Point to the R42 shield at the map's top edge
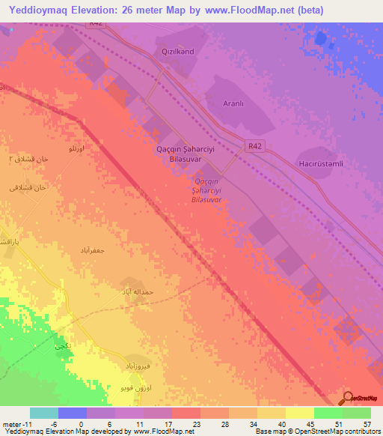pos(94,24)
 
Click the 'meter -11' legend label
pos(15,423)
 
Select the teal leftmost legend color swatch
pos(44,413)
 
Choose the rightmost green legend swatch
pos(356,413)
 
